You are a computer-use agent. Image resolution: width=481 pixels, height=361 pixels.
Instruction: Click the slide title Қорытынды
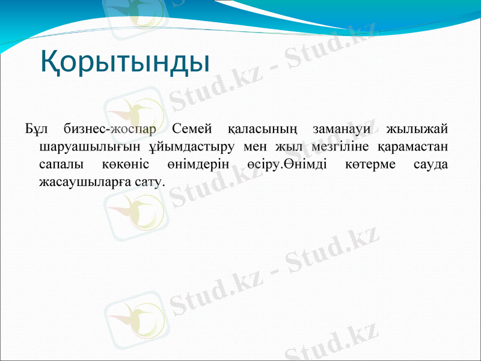(124, 63)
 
